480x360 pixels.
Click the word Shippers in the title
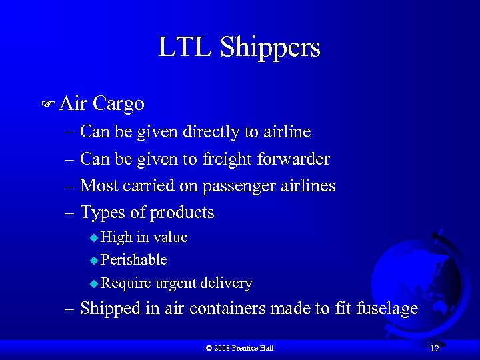(270, 48)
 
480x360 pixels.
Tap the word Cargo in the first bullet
(119, 103)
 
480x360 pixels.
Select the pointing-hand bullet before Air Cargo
(48, 104)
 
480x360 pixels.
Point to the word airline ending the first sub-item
(286, 132)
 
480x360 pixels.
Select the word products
(182, 213)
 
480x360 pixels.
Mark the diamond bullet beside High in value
(94, 238)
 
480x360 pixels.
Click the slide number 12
(435, 349)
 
